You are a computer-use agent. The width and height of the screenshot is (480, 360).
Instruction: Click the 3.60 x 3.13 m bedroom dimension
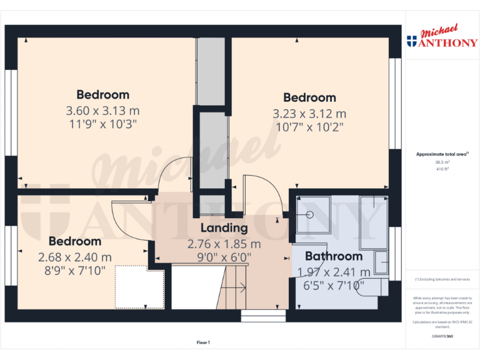[102, 110]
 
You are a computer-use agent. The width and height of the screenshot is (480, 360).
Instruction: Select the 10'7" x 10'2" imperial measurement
[309, 126]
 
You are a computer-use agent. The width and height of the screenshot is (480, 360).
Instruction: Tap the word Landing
[224, 228]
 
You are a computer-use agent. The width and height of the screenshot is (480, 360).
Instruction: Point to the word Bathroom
[333, 256]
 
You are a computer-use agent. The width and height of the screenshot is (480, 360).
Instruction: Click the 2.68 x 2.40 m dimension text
[75, 257]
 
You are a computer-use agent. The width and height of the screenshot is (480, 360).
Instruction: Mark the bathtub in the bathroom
[373, 222]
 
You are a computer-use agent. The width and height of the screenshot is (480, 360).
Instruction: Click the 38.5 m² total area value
[442, 162]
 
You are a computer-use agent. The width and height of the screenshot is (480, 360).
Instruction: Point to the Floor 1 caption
[203, 342]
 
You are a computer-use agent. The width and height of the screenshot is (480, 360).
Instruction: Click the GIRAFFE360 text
[442, 336]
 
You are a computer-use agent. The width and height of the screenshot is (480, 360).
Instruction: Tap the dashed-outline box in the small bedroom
[139, 286]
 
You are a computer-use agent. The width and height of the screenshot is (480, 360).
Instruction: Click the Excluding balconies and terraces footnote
[442, 279]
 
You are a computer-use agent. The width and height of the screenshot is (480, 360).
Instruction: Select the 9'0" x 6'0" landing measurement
[224, 256]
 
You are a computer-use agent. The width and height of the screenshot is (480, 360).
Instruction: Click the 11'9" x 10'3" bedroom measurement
[102, 124]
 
